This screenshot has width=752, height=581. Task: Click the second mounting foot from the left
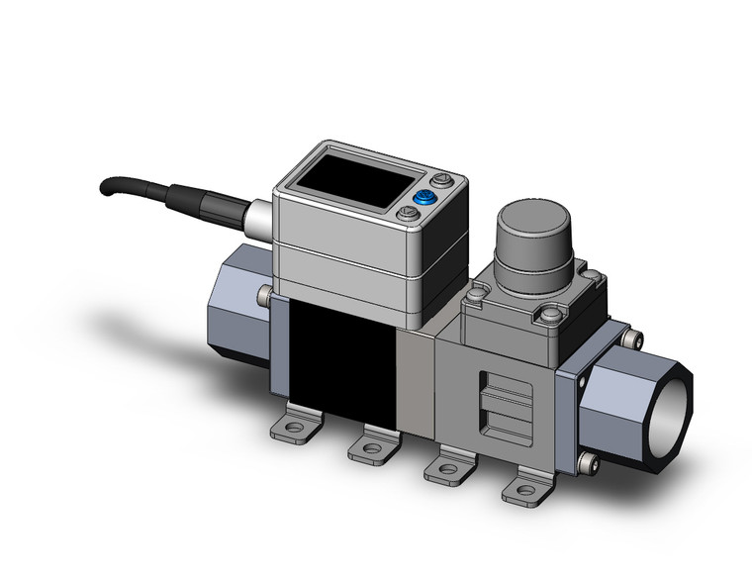(370, 447)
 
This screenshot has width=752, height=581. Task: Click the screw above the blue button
(441, 181)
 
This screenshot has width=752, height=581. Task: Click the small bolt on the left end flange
(264, 294)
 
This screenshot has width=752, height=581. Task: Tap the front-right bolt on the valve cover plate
(546, 317)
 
